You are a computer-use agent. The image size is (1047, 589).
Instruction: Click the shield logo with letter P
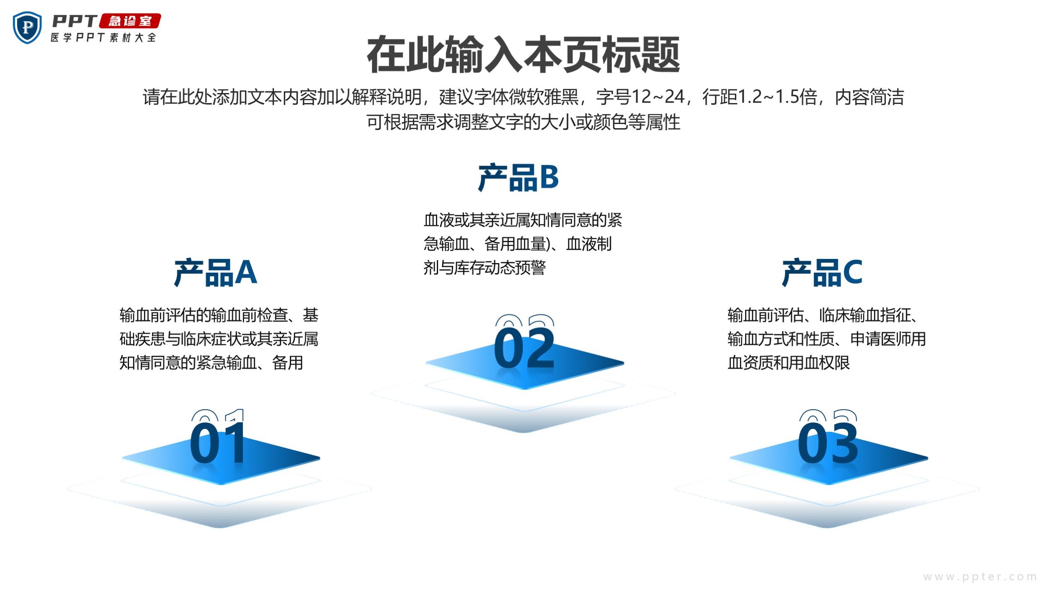pyautogui.click(x=27, y=28)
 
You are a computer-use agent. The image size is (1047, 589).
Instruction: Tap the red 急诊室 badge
pyautogui.click(x=130, y=21)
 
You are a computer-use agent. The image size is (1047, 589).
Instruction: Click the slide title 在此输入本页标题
pyautogui.click(x=523, y=54)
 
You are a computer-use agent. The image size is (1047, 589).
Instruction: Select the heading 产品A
pyautogui.click(x=215, y=272)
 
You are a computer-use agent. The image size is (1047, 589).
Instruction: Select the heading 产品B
pyautogui.click(x=518, y=178)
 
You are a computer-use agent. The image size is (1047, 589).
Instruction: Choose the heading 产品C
pyautogui.click(x=822, y=272)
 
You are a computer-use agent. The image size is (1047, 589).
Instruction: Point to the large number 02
pyautogui.click(x=524, y=348)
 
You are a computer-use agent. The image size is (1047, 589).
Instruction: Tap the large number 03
pyautogui.click(x=828, y=443)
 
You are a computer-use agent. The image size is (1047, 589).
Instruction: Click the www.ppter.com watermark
pyautogui.click(x=980, y=577)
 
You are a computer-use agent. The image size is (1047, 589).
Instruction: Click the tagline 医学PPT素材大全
pyautogui.click(x=103, y=37)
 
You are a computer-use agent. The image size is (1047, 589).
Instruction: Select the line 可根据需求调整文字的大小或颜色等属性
pyautogui.click(x=523, y=122)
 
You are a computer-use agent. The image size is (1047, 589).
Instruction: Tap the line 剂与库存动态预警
pyautogui.click(x=485, y=268)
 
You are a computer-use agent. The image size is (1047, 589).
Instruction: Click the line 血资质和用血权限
pyautogui.click(x=789, y=363)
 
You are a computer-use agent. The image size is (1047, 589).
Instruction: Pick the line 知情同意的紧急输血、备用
pyautogui.click(x=211, y=363)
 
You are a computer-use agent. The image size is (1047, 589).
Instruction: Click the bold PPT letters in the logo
pyautogui.click(x=75, y=21)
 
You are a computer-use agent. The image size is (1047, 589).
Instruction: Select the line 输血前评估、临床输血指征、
pyautogui.click(x=823, y=315)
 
